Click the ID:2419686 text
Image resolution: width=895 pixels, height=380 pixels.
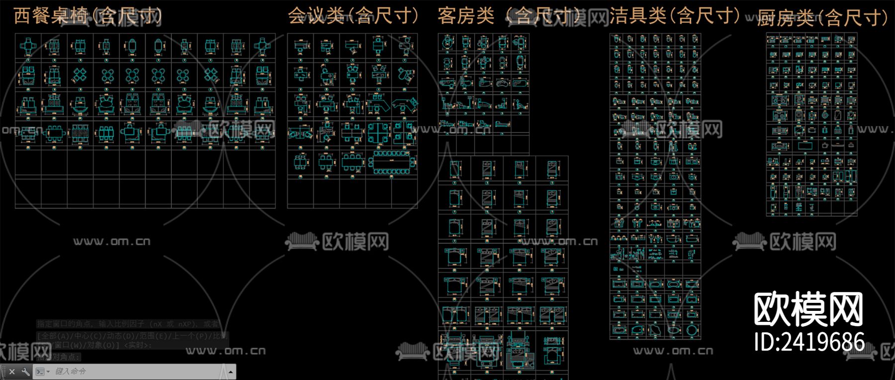pos(809,342)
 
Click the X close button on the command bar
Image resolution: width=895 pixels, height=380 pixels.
pos(12,372)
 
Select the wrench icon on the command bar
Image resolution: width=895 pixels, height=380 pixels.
pos(26,372)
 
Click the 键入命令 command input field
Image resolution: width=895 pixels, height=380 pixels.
pos(134,372)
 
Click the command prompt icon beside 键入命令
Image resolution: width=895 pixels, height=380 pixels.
pos(40,372)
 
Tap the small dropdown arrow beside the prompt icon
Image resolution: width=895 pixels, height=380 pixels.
pos(48,372)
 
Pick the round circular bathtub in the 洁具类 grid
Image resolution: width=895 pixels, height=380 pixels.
pos(692,330)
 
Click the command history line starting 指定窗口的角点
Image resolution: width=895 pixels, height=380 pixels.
pos(127,324)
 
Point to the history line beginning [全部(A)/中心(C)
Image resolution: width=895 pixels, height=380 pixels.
pos(132,336)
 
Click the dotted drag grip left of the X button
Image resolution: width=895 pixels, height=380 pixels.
pos(4,372)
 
